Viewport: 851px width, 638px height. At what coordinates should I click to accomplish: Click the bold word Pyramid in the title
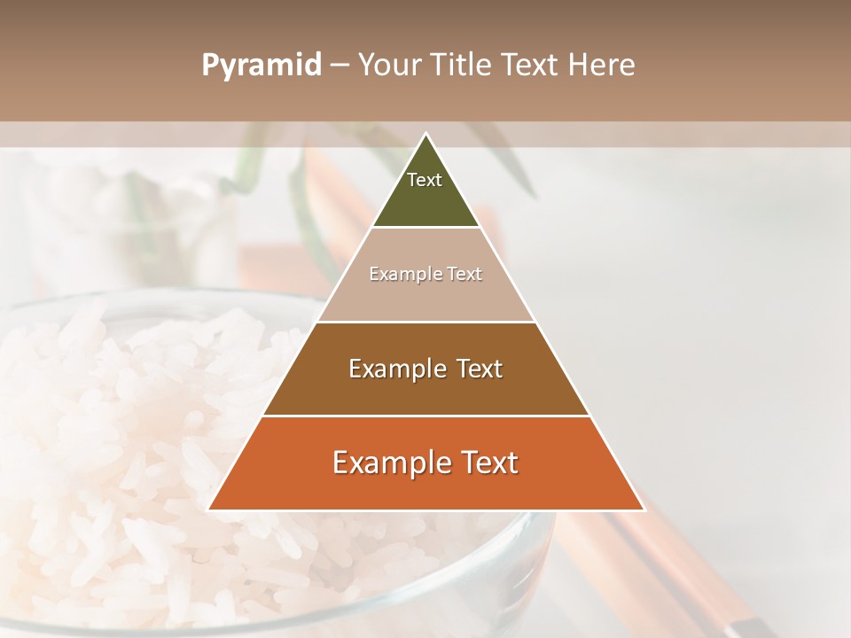261,66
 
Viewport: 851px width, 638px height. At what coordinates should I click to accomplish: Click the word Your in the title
390,66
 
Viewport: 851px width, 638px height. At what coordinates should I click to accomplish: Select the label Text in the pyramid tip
425,180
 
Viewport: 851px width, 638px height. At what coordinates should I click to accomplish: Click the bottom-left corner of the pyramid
209,510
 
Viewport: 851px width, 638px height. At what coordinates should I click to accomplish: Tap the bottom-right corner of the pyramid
644,510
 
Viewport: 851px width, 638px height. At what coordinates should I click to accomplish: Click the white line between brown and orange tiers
426,416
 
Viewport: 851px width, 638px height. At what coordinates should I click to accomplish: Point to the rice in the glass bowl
133,443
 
